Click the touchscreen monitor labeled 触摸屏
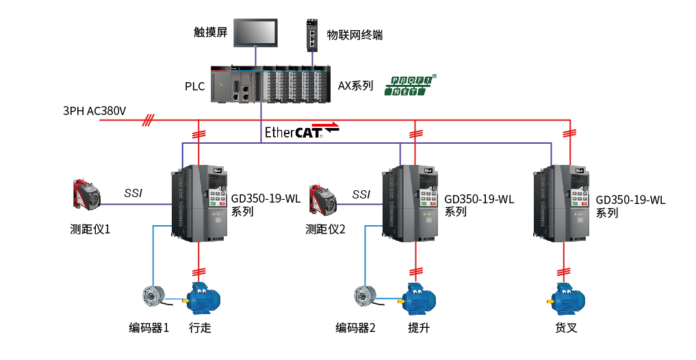click(x=257, y=33)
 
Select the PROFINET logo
click(x=410, y=86)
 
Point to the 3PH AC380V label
click(x=94, y=111)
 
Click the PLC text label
click(x=194, y=86)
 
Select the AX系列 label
click(x=355, y=86)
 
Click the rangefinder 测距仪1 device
click(x=87, y=194)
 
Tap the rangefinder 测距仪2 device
click(x=322, y=196)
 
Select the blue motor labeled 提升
click(x=417, y=298)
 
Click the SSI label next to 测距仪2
click(x=361, y=194)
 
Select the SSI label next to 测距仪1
click(x=133, y=193)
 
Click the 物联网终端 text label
click(x=355, y=35)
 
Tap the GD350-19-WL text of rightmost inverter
click(x=630, y=200)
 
